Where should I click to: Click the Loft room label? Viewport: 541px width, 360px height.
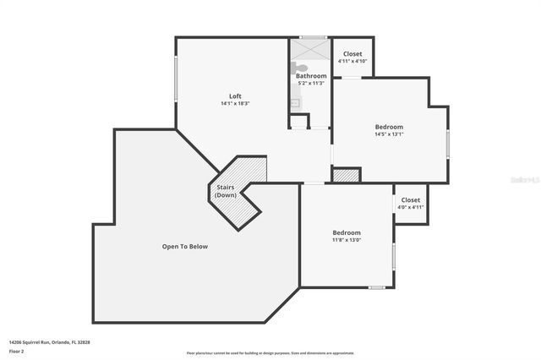coord(235,95)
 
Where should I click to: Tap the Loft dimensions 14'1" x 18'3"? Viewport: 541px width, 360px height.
coord(235,103)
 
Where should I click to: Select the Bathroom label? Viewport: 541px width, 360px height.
coord(311,76)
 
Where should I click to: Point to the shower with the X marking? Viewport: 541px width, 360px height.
coord(309,49)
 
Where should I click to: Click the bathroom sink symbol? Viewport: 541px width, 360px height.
coord(295,103)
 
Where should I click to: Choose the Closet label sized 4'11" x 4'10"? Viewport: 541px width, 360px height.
coord(352,54)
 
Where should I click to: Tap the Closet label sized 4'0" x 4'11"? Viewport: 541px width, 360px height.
coord(410,200)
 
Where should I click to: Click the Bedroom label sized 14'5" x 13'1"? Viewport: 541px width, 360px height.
coord(389,127)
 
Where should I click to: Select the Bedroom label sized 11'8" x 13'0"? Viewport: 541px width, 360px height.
coord(347,232)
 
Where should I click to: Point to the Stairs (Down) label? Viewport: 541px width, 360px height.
coord(226,191)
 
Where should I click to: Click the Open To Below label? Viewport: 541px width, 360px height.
coord(184,247)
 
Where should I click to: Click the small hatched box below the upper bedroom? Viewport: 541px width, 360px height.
coord(346,175)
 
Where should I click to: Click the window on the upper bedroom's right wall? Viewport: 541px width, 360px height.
coord(447,144)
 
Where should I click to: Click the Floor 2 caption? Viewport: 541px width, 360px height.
coord(17,351)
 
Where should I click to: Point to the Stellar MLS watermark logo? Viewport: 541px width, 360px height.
coord(523,180)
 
